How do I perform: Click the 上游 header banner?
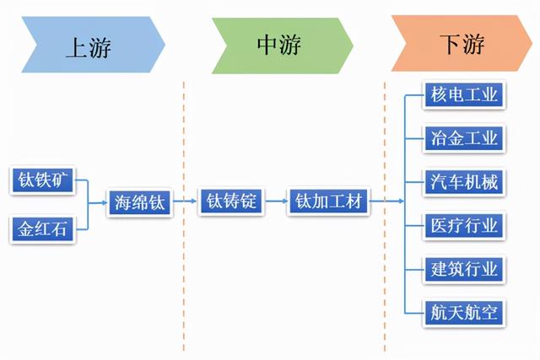(89, 43)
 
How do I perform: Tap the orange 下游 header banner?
(461, 43)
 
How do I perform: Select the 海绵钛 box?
(140, 203)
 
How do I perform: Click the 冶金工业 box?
(465, 137)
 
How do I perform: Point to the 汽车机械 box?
(465, 181)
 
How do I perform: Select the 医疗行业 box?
(465, 225)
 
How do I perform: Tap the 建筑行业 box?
(465, 270)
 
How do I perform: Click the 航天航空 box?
(465, 314)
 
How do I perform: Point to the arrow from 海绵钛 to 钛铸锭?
(186, 202)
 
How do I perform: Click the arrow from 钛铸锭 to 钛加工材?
(276, 202)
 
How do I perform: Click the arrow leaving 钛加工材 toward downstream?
(386, 202)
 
